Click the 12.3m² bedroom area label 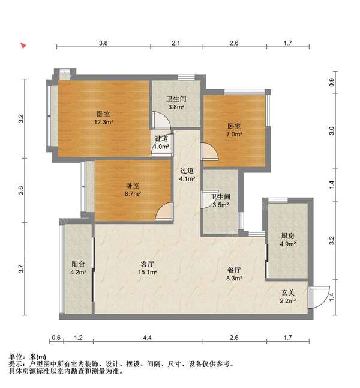(x=103, y=118)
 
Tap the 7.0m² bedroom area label (x=234, y=130)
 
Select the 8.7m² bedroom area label (x=133, y=190)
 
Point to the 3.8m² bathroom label (x=176, y=103)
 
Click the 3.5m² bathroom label (x=220, y=201)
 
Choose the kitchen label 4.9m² (x=288, y=240)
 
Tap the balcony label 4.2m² (x=78, y=268)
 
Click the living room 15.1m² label (x=148, y=268)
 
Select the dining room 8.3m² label (x=234, y=274)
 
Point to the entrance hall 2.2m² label (x=288, y=297)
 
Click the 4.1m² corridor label (x=187, y=174)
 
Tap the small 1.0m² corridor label (x=161, y=142)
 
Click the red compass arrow (x=23, y=46)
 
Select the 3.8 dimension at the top (x=103, y=43)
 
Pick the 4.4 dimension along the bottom (x=148, y=338)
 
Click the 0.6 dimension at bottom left (x=56, y=338)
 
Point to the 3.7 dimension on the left (x=21, y=269)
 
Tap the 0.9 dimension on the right (x=332, y=82)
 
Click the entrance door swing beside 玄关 (x=319, y=297)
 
